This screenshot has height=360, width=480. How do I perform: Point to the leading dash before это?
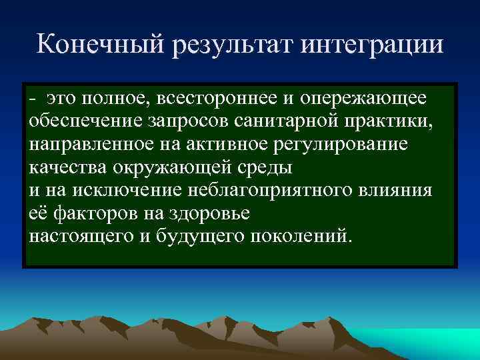click(x=33, y=99)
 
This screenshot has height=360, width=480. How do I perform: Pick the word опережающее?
click(x=363, y=99)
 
